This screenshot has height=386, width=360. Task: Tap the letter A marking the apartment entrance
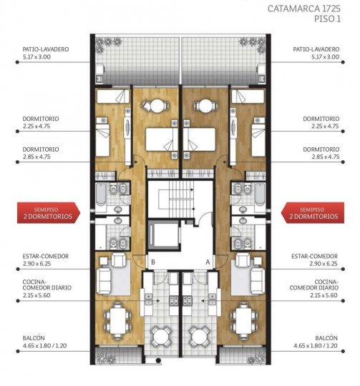(208, 262)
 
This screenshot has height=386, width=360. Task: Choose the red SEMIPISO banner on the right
(313, 212)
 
